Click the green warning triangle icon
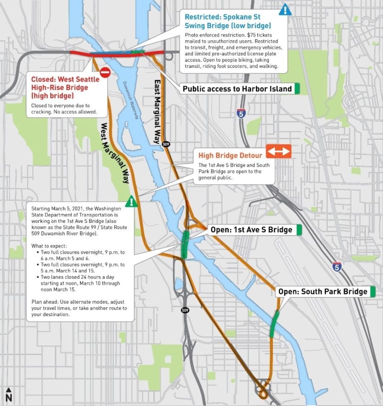132,201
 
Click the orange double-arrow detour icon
278,151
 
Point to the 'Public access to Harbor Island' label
237,89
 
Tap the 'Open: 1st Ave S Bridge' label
251,230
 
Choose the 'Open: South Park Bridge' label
323,292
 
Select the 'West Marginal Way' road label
115,153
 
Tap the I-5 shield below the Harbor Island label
241,113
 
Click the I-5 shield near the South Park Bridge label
337,266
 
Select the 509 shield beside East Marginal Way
166,144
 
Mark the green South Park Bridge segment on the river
274,324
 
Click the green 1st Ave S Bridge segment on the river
185,245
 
